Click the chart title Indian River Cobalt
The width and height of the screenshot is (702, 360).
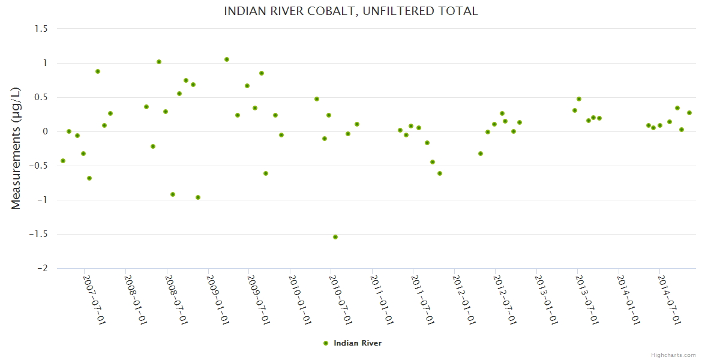coord(351,11)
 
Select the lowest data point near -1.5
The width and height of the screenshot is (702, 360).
coord(335,237)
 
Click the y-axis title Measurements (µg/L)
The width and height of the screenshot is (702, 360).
coord(16,148)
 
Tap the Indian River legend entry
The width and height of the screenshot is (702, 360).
coord(357,343)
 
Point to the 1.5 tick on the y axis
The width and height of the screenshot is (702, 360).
coord(43,29)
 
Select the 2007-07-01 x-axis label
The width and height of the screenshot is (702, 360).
coord(94,300)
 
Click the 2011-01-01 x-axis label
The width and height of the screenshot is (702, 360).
coord(381,300)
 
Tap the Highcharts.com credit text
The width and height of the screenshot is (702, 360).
coord(673,355)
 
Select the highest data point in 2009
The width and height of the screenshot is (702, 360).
coord(227,59)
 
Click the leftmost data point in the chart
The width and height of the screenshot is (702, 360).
coord(63,161)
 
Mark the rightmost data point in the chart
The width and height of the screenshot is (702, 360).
coord(689,113)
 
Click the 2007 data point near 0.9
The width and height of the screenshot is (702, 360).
coord(98,71)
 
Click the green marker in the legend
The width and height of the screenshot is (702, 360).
coord(326,343)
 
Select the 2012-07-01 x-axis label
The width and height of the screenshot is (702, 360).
coord(505,300)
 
